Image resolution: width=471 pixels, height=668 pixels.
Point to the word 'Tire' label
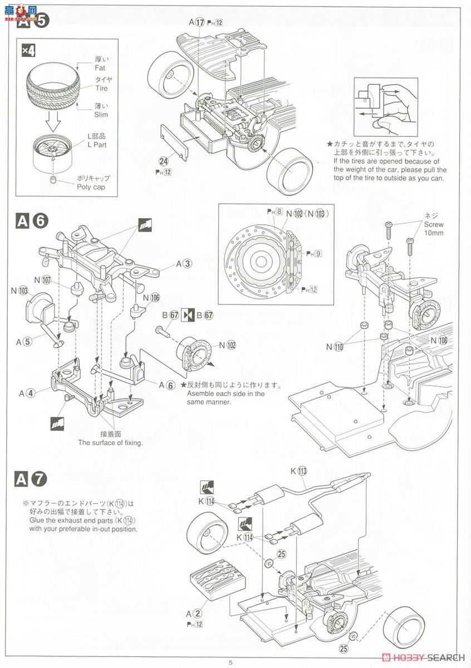tap(101, 88)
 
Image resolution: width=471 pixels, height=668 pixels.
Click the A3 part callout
tap(184, 264)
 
